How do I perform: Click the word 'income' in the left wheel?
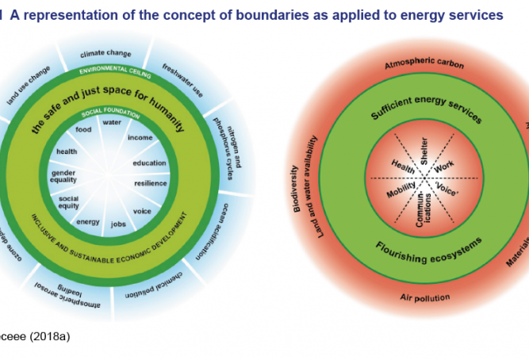[140, 138]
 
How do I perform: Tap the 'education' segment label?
[150, 163]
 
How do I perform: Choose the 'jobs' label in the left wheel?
[119, 224]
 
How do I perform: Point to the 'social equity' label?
[69, 202]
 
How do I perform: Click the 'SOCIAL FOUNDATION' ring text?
[110, 113]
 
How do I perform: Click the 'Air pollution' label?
[425, 298]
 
